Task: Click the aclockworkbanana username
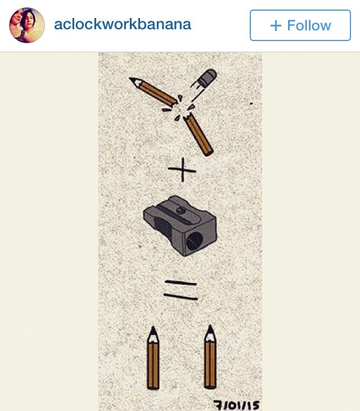[123, 25]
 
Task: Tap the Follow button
[300, 25]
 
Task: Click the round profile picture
[27, 25]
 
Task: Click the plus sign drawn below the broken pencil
[182, 170]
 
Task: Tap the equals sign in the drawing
[181, 290]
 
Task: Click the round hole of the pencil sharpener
[195, 241]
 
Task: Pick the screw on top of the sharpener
[181, 209]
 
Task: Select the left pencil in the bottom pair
[153, 358]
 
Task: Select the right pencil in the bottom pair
[210, 356]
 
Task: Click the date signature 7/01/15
[236, 405]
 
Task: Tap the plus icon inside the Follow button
[276, 26]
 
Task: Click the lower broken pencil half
[198, 134]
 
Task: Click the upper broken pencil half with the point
[154, 92]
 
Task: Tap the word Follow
[309, 25]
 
